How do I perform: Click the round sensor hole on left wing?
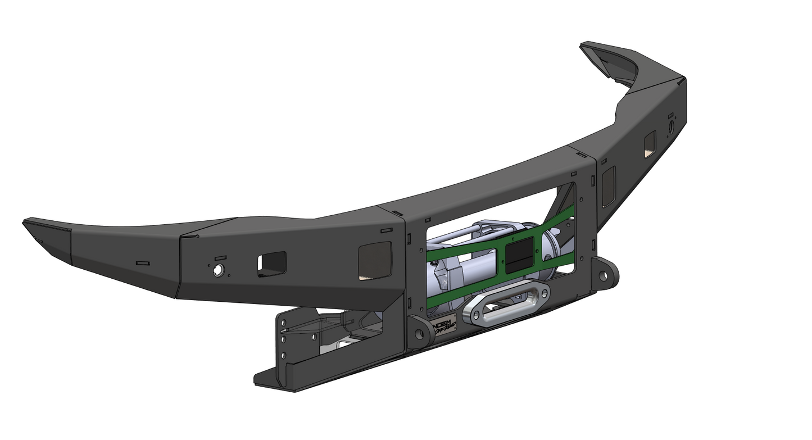click(217, 270)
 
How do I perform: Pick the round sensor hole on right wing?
click(670, 129)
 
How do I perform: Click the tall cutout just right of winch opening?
click(609, 186)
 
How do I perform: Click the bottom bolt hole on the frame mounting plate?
click(284, 354)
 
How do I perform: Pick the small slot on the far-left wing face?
click(143, 262)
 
